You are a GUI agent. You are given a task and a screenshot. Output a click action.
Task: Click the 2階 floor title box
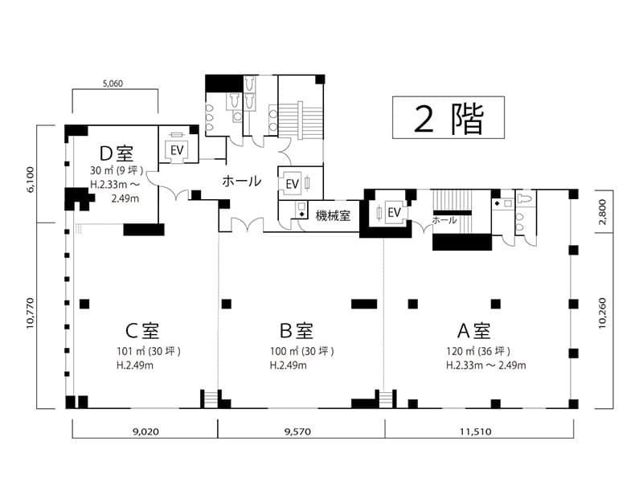[448, 117]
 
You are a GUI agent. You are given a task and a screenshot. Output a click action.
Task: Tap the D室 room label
[117, 153]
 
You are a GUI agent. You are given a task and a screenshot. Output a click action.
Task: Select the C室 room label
[142, 330]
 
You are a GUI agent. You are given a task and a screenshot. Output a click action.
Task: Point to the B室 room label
[296, 330]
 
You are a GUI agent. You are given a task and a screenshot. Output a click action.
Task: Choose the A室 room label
[473, 330]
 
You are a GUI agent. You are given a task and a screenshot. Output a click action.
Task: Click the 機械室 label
[333, 215]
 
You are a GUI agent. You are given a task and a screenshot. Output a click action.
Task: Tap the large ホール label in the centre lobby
[242, 181]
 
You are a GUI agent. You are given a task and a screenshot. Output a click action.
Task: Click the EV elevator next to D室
[177, 150]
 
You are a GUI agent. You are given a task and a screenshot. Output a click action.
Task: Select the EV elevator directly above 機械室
[293, 184]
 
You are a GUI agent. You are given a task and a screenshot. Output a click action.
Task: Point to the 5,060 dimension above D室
[113, 84]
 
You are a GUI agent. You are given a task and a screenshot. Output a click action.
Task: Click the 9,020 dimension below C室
[145, 431]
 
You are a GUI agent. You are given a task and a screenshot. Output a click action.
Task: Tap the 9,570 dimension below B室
[297, 431]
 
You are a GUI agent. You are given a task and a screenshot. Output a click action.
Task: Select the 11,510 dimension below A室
[475, 431]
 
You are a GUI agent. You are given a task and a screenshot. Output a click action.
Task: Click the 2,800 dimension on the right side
[602, 212]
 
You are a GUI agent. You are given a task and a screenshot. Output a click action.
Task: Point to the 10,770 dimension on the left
[30, 313]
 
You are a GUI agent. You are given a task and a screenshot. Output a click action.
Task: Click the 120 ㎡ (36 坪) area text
[478, 351]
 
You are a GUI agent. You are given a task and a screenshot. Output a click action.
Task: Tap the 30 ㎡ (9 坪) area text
[117, 170]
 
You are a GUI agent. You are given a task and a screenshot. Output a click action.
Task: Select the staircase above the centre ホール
[301, 119]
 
